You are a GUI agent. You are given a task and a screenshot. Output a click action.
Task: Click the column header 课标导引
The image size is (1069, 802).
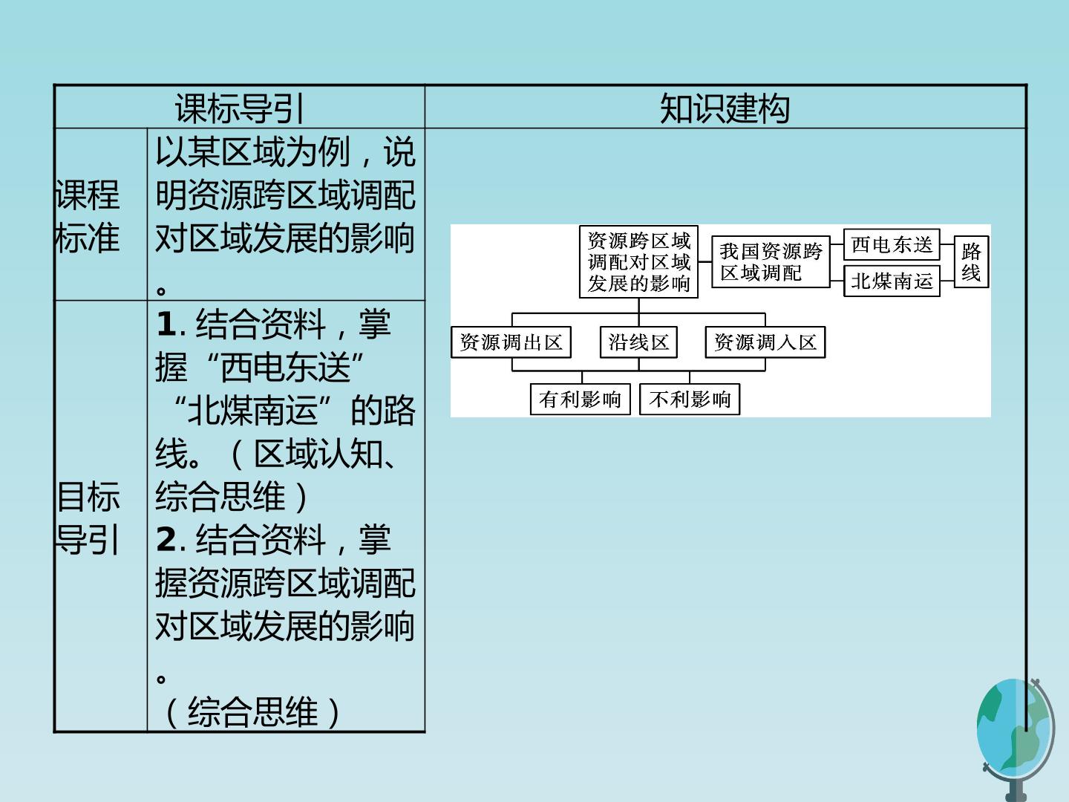pyautogui.click(x=240, y=108)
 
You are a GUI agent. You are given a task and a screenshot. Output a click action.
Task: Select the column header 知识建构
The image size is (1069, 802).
pyautogui.click(x=725, y=108)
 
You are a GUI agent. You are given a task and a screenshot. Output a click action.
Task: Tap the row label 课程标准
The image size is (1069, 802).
pyautogui.click(x=87, y=215)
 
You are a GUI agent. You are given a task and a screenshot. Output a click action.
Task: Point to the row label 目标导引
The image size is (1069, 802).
pyautogui.click(x=87, y=518)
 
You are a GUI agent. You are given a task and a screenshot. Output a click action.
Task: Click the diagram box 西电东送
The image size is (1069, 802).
pyautogui.click(x=892, y=244)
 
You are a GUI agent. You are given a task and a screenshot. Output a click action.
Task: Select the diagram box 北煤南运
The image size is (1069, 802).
pyautogui.click(x=892, y=281)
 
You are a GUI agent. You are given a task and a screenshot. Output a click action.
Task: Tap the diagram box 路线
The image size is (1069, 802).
pyautogui.click(x=971, y=262)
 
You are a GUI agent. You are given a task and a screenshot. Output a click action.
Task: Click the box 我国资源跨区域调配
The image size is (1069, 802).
pyautogui.click(x=771, y=262)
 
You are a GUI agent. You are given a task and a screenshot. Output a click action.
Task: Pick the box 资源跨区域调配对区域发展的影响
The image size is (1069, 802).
pyautogui.click(x=638, y=262)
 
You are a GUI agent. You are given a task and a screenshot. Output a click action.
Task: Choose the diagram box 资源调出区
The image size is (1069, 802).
pyautogui.click(x=511, y=342)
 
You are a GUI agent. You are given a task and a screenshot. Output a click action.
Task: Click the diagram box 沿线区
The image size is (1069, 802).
pyautogui.click(x=638, y=342)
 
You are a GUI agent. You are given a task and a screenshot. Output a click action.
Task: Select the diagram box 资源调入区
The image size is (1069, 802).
pyautogui.click(x=765, y=342)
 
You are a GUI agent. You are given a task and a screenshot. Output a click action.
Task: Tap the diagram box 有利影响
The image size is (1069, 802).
pyautogui.click(x=580, y=400)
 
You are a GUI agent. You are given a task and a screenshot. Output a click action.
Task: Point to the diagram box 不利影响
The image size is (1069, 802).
pyautogui.click(x=690, y=400)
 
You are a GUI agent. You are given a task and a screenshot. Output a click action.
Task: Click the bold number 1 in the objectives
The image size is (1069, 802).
pyautogui.click(x=166, y=324)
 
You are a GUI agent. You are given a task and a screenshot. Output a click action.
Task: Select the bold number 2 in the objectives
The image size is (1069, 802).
pyautogui.click(x=166, y=540)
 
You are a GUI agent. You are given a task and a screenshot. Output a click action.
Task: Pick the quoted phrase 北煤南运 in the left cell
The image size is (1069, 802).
pyautogui.click(x=252, y=410)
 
